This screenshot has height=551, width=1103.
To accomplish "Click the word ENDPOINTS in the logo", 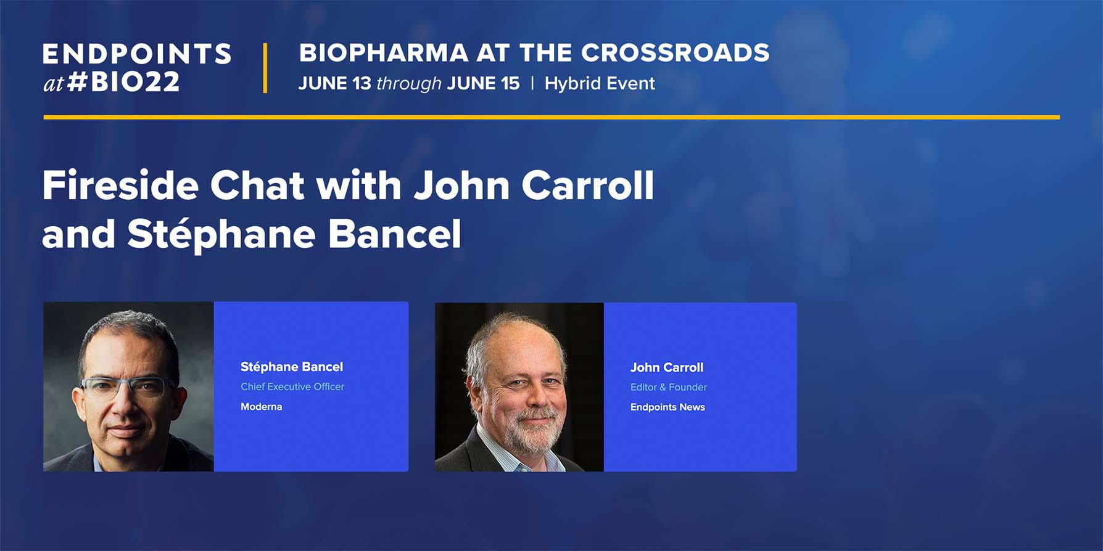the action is pyautogui.click(x=137, y=54).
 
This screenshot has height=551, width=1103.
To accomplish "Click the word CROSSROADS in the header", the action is pyautogui.click(x=675, y=53).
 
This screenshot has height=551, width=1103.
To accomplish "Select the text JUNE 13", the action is pyautogui.click(x=335, y=83).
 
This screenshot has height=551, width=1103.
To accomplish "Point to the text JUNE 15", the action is pyautogui.click(x=484, y=83).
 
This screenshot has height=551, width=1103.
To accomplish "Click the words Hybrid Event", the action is pyautogui.click(x=600, y=84).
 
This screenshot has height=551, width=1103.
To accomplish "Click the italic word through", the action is pyautogui.click(x=409, y=84).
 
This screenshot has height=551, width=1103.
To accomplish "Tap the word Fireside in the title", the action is pyautogui.click(x=120, y=185).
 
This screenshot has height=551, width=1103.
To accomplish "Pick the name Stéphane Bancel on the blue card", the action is pyautogui.click(x=292, y=367).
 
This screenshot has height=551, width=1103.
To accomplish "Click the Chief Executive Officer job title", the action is pyautogui.click(x=292, y=386).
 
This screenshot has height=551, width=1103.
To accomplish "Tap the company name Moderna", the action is pyautogui.click(x=262, y=407).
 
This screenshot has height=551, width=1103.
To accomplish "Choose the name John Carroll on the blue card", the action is pyautogui.click(x=667, y=367).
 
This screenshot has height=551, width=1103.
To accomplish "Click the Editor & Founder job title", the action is pyautogui.click(x=669, y=387).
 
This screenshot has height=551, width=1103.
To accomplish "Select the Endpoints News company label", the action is pyautogui.click(x=667, y=407).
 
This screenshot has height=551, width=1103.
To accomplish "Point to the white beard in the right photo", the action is pyautogui.click(x=532, y=431).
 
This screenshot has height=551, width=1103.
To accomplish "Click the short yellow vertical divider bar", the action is pyautogui.click(x=265, y=68).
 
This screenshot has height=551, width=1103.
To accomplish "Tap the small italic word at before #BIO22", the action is pyautogui.click(x=53, y=83).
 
